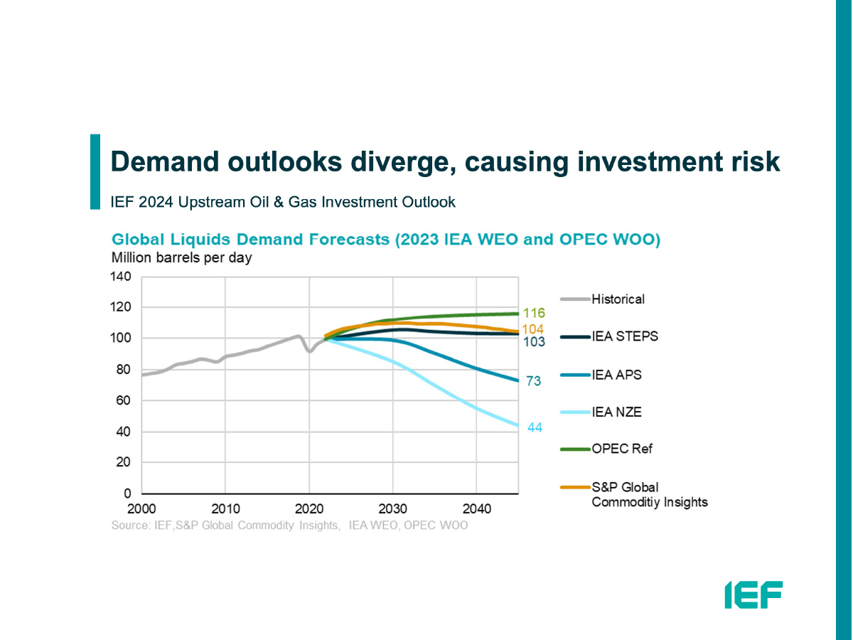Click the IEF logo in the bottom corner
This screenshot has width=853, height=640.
pos(753,594)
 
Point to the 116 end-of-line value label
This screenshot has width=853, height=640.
pos(534,314)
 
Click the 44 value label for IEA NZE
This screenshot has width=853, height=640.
pos(534,427)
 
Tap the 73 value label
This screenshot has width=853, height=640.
pos(534,382)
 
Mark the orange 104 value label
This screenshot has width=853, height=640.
pos(533,329)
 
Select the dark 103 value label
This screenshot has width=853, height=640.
pos(534,342)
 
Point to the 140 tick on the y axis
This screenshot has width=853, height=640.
pos(121,277)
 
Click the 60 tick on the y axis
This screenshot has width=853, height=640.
pos(124,401)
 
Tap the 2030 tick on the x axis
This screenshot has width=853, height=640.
pos(392,509)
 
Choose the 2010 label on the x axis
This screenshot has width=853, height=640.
pos(225,509)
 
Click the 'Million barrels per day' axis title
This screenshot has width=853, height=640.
pos(181,258)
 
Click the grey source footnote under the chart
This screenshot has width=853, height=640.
pos(289,526)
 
